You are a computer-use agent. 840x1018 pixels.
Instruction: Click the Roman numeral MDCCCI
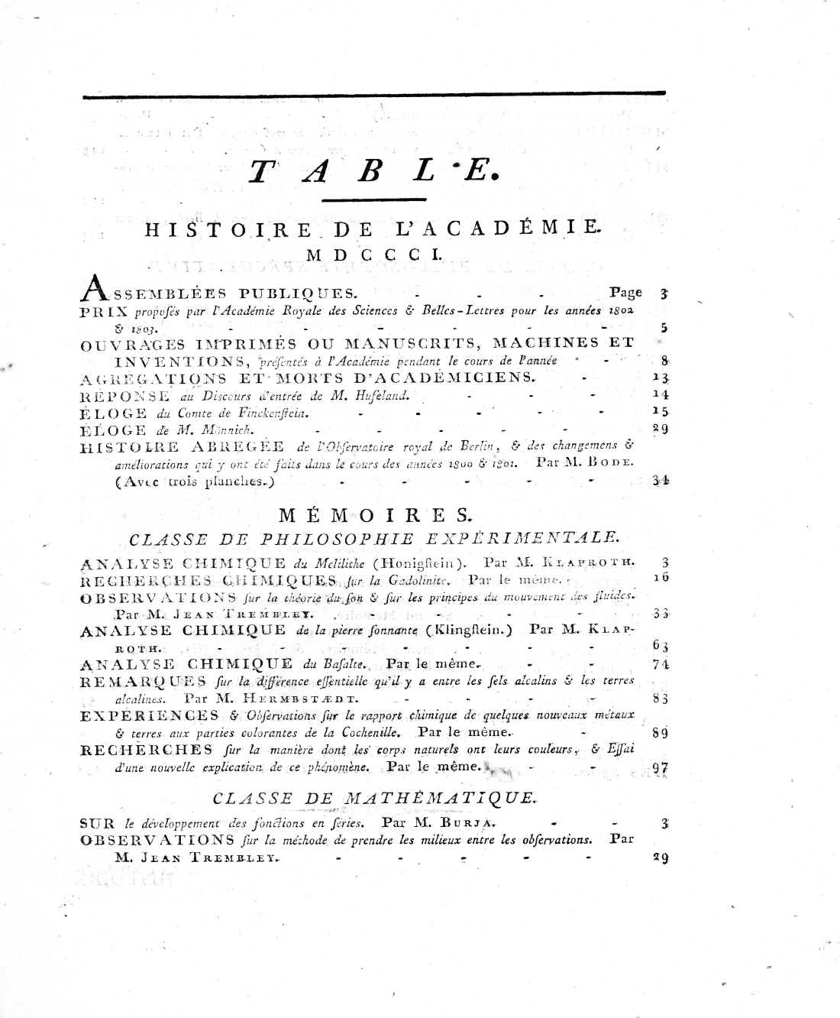point(371,255)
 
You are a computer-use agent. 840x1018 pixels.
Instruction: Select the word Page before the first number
point(626,292)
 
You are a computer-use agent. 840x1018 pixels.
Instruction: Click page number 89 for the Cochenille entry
point(661,733)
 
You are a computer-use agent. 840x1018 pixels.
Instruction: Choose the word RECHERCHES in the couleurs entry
point(145,749)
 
